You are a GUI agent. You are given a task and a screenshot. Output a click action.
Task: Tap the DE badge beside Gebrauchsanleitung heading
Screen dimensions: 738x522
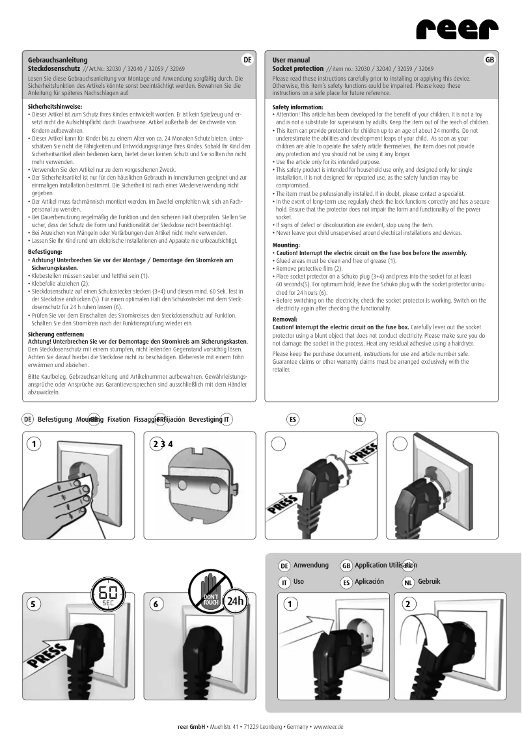point(247,60)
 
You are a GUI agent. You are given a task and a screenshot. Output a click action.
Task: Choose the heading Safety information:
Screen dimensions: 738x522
point(297,106)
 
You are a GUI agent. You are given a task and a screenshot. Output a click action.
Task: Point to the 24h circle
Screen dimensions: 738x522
point(235,601)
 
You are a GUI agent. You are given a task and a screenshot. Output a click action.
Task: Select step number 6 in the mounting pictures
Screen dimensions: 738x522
point(156,603)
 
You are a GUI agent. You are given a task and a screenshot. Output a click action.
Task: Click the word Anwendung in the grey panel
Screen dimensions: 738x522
point(311,565)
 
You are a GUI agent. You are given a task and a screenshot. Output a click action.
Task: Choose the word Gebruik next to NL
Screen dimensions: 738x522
point(430,581)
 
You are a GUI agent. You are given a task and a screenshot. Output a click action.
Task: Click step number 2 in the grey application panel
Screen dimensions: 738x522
point(407,603)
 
